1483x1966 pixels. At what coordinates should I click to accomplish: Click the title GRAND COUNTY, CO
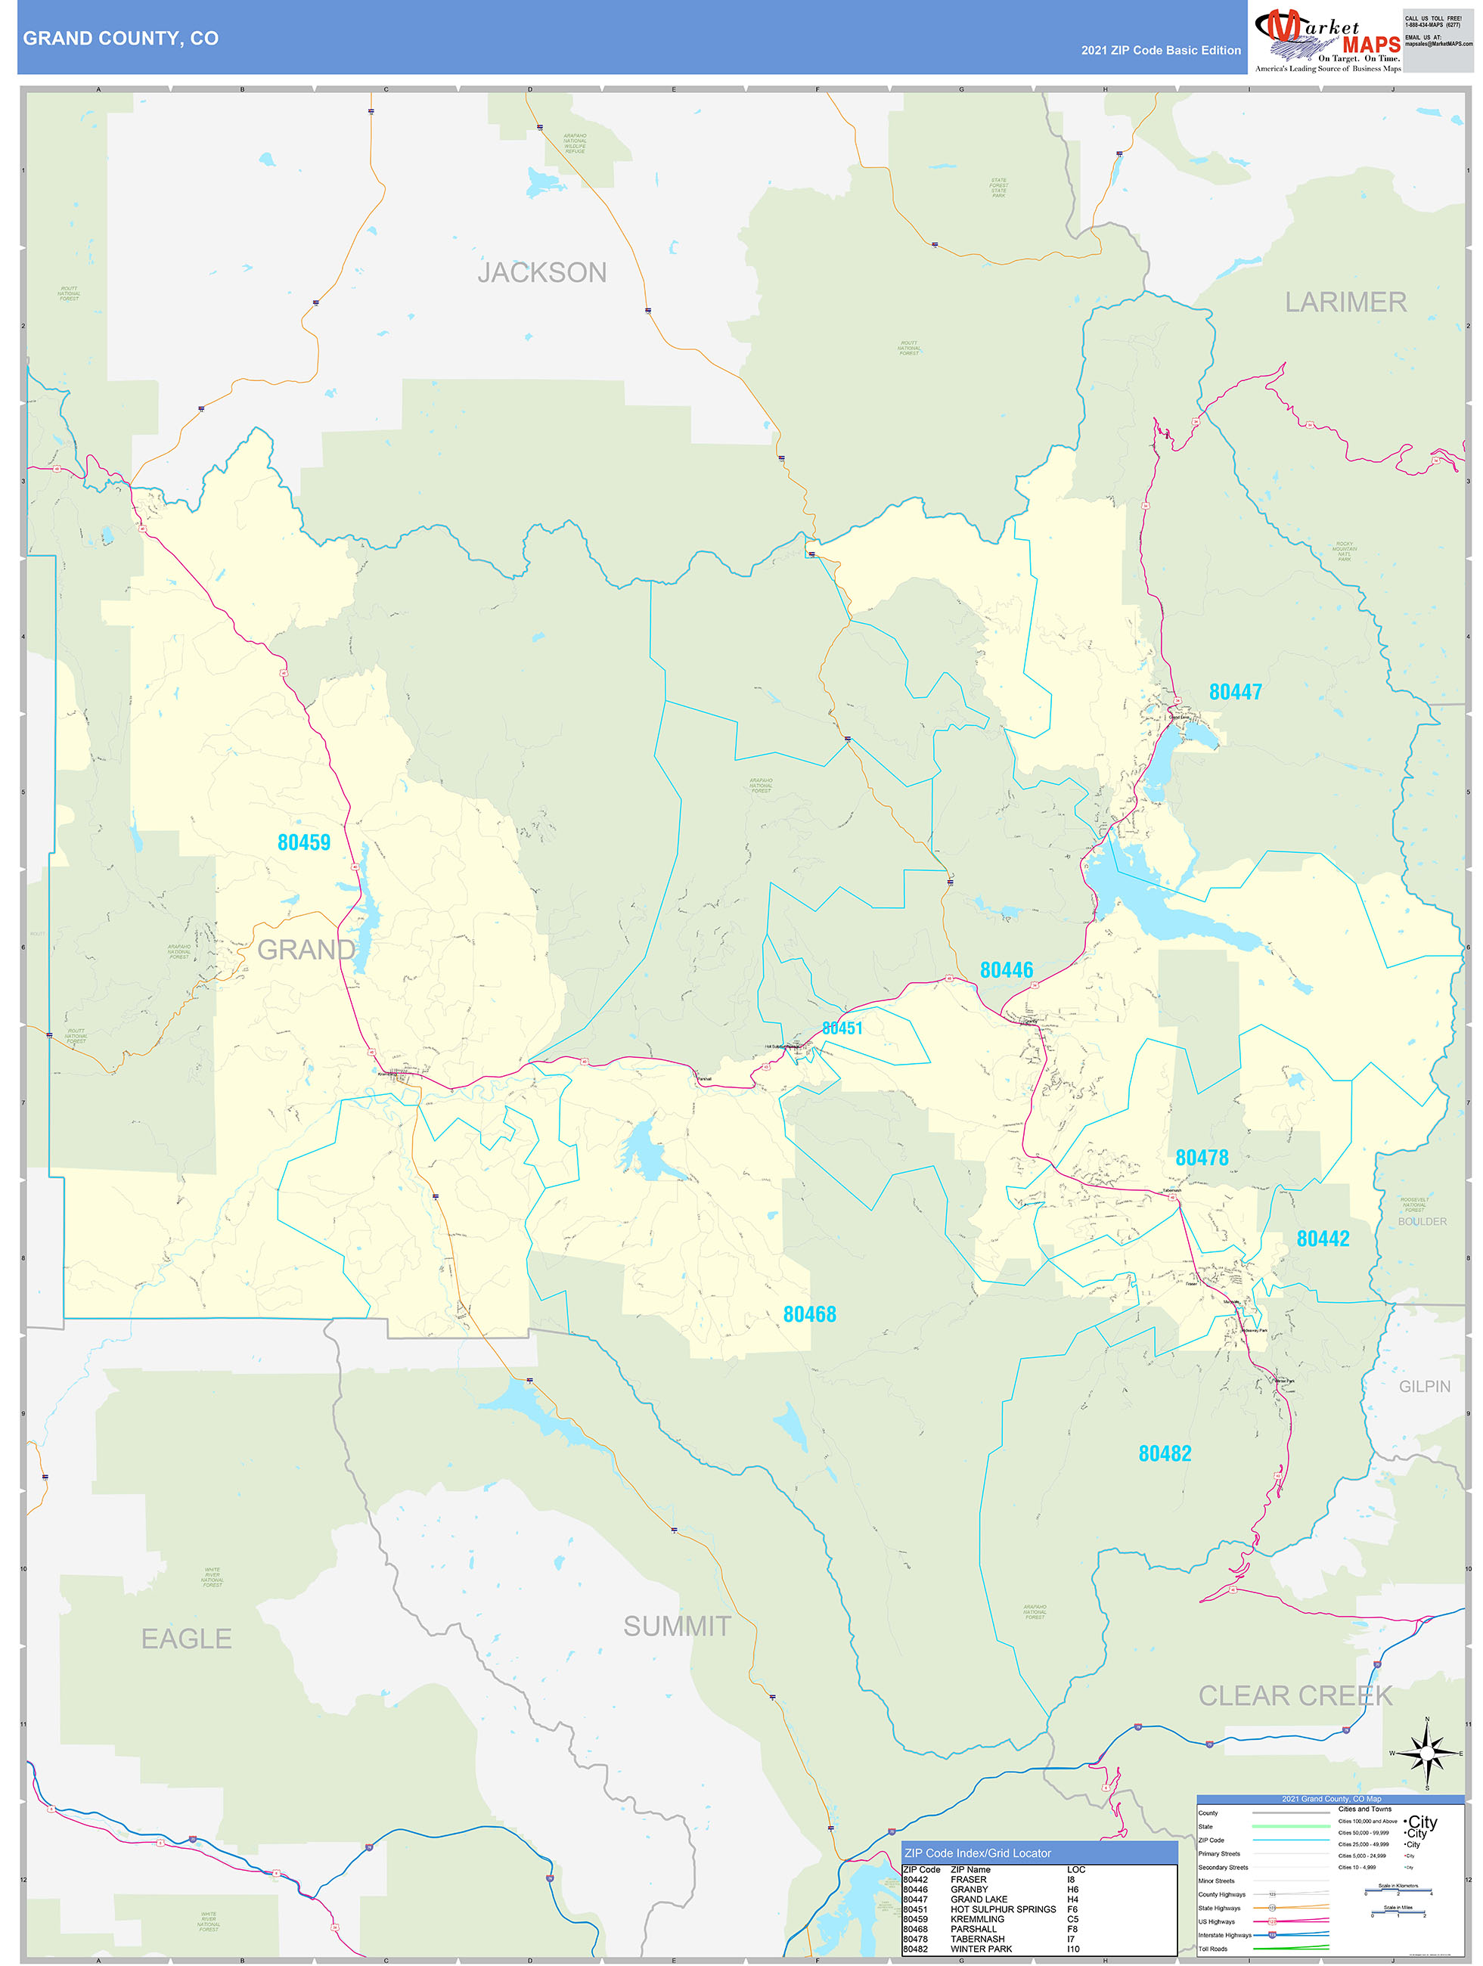pos(121,39)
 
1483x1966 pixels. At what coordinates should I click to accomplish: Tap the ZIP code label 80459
pos(304,842)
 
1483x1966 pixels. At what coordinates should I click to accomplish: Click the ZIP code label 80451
pos(842,1028)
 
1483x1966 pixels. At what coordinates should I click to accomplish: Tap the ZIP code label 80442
pos(1323,1239)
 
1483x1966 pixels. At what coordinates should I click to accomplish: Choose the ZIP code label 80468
pos(809,1314)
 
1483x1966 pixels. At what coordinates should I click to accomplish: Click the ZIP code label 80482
pos(1165,1454)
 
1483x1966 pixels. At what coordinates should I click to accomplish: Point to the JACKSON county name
pos(542,273)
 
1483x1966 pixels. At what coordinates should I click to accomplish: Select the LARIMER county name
pos(1345,303)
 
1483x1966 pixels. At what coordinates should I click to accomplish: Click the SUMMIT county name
pos(677,1626)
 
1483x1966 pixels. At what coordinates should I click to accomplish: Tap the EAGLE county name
pos(187,1639)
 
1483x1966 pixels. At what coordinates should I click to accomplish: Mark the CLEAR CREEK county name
pos(1295,1696)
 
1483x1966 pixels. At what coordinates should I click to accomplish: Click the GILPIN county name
pos(1424,1387)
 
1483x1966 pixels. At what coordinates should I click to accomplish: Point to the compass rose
pos(1427,1754)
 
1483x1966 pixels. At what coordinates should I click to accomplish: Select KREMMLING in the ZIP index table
pos(977,1919)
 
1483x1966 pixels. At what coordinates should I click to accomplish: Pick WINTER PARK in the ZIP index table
pos(981,1949)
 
